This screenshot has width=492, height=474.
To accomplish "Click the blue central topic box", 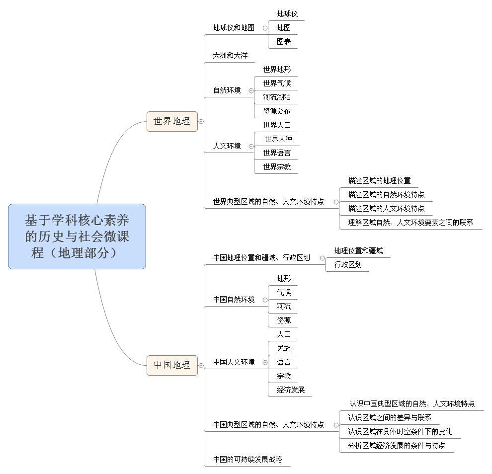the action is pos(77,236).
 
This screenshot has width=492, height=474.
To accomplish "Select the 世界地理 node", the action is pos(172,121).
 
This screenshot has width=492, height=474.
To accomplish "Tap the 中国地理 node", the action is pos(172,365).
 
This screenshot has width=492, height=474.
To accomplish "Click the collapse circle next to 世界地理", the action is pos(201,121).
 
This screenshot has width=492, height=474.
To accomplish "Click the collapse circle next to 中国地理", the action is pos(201,366).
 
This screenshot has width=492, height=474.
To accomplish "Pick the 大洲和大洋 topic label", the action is pos(230,56).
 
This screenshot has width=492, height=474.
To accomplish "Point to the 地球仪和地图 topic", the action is pos(234,28).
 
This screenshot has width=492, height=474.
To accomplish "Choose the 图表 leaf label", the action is pos(284,41).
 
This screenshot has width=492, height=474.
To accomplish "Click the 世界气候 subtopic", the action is pos(277,83).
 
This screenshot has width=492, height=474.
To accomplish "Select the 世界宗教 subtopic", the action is pos(277,166).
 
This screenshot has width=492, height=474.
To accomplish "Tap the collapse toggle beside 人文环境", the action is pos(251,146).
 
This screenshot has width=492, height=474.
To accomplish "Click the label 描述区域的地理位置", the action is pos(379,181).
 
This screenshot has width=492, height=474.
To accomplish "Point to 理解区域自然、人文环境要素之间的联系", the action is pos(410,223).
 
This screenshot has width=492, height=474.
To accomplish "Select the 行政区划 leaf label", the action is pos(348,264).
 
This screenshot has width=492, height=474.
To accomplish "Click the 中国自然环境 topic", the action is pos(234,299).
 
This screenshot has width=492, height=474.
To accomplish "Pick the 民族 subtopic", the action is pos(284,348).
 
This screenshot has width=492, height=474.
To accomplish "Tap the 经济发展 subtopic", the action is pos(291,390).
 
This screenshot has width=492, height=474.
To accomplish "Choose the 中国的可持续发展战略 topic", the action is pos(247,459).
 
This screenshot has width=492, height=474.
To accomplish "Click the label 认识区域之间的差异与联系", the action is pos(390,417).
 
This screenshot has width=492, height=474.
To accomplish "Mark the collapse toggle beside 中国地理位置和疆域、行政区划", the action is pos(322,258).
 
